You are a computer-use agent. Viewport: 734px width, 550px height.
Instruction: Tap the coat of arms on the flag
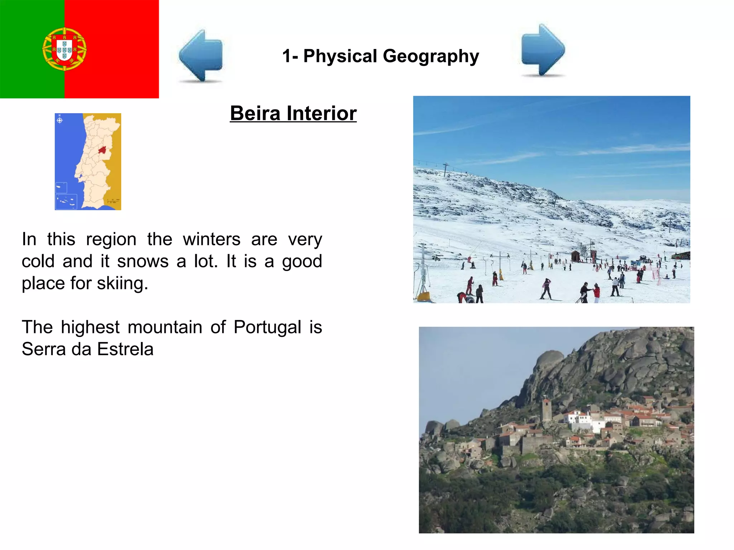point(65,49)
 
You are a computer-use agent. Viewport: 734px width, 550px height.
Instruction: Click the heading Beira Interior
point(293,114)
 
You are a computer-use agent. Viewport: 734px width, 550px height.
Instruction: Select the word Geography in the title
point(431,56)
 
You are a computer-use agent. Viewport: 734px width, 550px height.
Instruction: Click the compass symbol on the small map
point(60,120)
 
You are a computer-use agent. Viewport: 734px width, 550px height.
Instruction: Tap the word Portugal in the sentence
point(267,327)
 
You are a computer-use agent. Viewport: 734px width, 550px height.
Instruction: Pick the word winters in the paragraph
point(211,239)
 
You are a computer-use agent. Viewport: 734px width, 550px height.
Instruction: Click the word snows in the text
point(143,261)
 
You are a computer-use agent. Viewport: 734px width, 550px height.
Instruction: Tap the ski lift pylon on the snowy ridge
point(445,169)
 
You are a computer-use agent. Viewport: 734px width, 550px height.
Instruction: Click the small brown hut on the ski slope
point(575,256)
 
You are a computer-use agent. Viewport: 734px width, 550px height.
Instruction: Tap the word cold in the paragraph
point(38,261)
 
